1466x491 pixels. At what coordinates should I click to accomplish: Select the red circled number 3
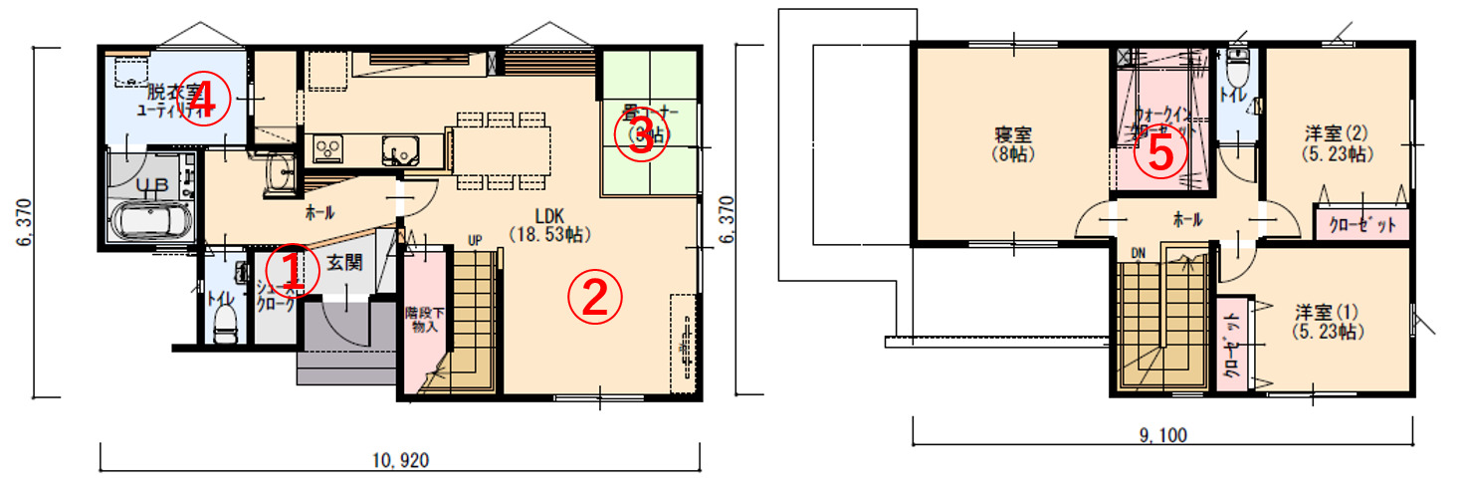tap(640, 138)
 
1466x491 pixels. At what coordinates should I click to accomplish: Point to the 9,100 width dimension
tap(1163, 434)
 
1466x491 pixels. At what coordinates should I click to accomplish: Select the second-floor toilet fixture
tap(1237, 68)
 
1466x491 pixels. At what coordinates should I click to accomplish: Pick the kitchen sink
tap(402, 149)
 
